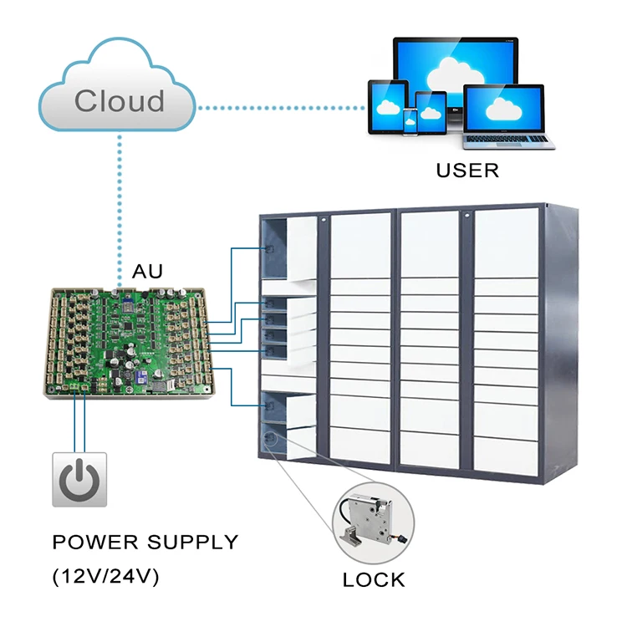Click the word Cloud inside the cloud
(x=119, y=100)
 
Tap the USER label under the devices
(x=467, y=171)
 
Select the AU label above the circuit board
(x=147, y=272)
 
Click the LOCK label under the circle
(x=374, y=579)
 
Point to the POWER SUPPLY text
(x=145, y=542)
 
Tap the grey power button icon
(x=79, y=479)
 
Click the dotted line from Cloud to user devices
(x=280, y=107)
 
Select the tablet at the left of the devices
(x=388, y=106)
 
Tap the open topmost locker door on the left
(x=302, y=246)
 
